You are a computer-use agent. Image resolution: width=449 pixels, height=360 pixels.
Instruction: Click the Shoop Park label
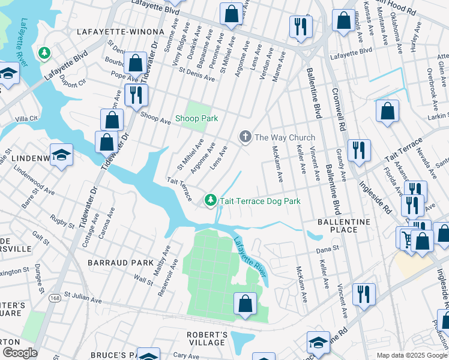[x=196, y=118]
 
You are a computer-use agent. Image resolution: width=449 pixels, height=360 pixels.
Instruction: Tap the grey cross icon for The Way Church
[x=245, y=137]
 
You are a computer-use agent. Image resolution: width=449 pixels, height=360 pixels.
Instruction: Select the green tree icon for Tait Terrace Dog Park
[x=210, y=200]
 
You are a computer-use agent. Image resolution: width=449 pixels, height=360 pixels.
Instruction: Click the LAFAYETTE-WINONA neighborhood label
[x=120, y=31]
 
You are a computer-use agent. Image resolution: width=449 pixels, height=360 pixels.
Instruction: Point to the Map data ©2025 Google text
[x=411, y=355]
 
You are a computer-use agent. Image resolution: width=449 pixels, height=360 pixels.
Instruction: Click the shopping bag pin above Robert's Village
[x=245, y=303]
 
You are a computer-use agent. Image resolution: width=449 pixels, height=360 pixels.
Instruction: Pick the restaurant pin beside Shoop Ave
[x=136, y=95]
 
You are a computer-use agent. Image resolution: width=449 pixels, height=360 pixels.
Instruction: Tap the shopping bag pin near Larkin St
[x=387, y=110]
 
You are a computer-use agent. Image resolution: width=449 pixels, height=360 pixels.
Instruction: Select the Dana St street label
[x=328, y=247]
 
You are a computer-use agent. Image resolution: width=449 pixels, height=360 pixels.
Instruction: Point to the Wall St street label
[x=143, y=280]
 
